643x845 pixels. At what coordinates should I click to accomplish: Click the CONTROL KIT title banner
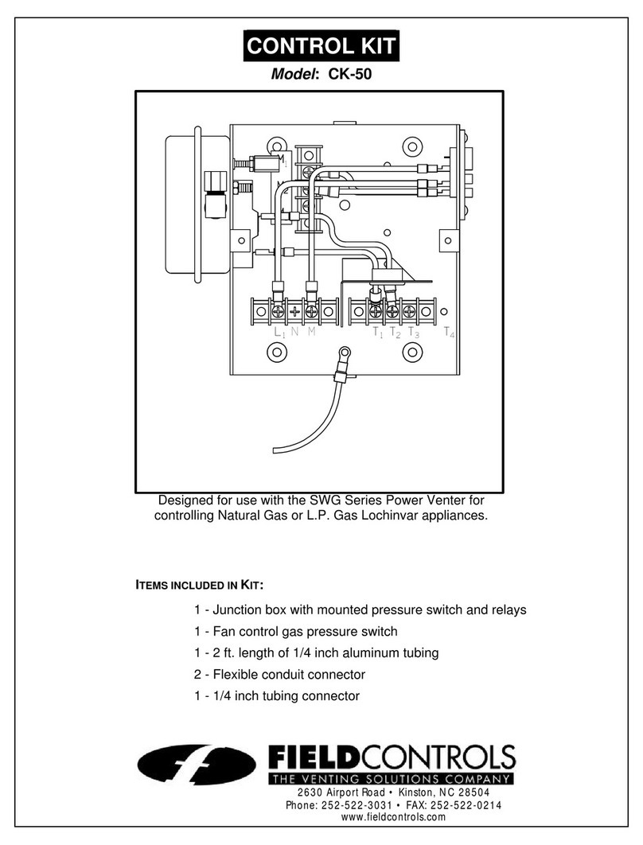pos(320,46)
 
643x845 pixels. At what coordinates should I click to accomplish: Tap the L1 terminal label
pos(279,333)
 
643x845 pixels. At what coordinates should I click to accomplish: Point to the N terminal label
pos(294,333)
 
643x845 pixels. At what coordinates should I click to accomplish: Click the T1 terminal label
pos(377,333)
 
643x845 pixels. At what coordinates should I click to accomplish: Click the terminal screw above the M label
pos(312,311)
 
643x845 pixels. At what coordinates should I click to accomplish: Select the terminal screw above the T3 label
pos(409,311)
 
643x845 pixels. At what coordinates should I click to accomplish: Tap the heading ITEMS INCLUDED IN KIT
pos(197,586)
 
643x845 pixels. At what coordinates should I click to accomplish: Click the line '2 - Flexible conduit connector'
pos(279,674)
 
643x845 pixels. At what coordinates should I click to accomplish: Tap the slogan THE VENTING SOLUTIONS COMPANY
pos(391,777)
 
